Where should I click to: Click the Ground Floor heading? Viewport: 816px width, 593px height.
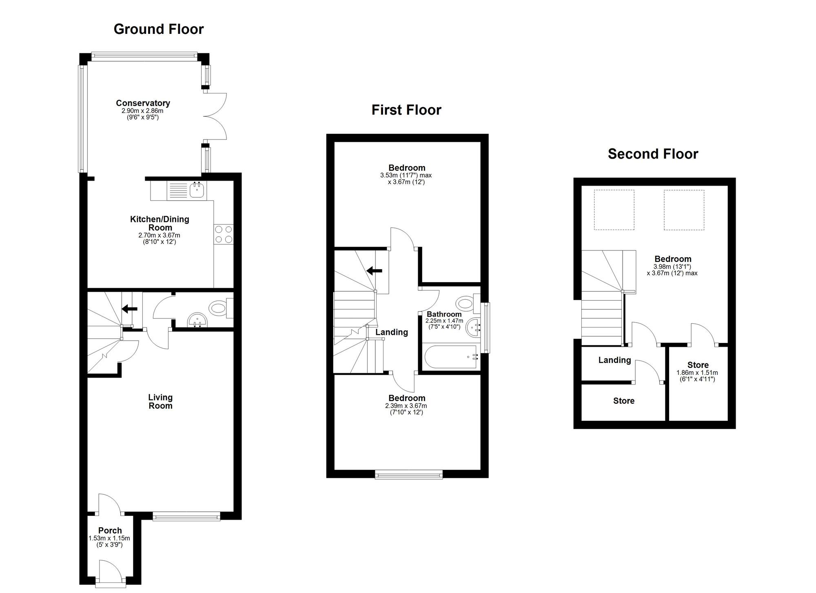159,29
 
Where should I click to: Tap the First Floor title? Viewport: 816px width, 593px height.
406,110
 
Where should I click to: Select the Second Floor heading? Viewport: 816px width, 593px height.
653,154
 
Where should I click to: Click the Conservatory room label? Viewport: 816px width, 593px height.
143,103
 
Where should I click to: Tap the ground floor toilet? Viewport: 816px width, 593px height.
220,308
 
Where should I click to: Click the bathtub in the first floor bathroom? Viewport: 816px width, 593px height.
451,357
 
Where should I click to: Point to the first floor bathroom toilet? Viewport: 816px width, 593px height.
468,303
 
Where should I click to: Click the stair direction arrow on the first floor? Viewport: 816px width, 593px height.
374,270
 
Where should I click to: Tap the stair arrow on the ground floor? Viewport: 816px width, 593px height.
130,309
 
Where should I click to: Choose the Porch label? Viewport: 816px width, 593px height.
110,531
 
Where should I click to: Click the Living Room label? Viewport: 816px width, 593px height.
160,401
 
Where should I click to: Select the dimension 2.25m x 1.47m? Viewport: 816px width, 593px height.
444,321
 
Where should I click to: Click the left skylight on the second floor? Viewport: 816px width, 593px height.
614,210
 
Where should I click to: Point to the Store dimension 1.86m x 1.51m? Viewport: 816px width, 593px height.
697,373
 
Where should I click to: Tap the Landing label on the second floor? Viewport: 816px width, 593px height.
615,360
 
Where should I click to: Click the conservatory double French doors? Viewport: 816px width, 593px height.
215,116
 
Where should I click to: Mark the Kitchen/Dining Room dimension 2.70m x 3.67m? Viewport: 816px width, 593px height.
159,235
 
